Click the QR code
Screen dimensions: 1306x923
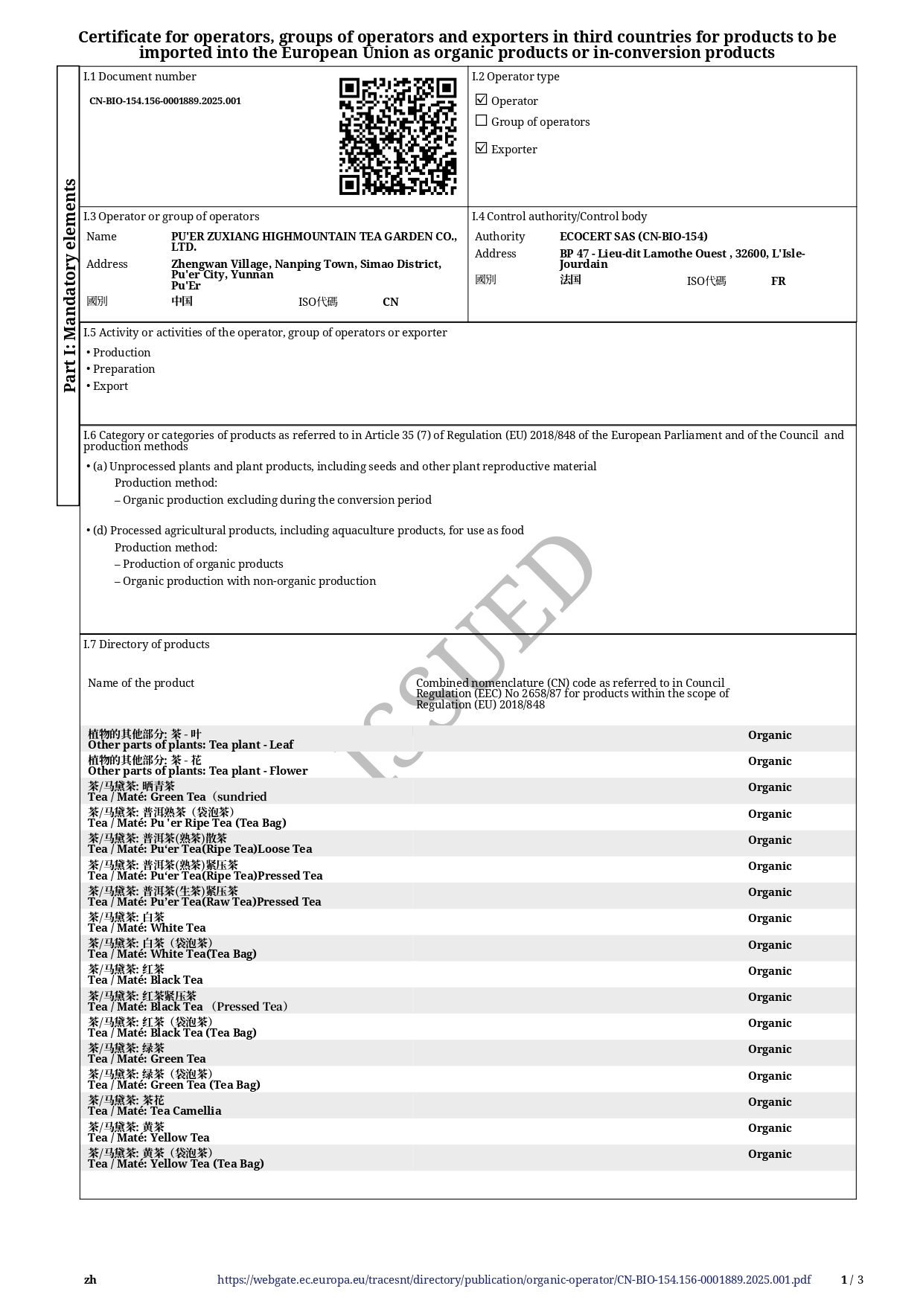pos(397,136)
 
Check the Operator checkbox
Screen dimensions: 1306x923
pos(482,100)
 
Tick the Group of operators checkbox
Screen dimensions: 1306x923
pos(482,121)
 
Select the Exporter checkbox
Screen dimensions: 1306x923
pos(482,148)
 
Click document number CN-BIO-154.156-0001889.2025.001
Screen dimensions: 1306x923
pos(165,101)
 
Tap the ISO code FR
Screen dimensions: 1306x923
pos(778,281)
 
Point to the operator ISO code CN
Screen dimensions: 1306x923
pos(390,302)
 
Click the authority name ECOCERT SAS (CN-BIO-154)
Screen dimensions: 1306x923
pos(633,237)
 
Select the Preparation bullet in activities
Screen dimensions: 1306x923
pos(124,369)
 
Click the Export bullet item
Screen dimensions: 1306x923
pos(110,386)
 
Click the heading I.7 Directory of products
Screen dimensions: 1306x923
pos(147,644)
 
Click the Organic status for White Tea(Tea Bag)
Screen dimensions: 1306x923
pos(770,945)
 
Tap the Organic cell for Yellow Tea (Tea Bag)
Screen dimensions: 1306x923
pos(770,1154)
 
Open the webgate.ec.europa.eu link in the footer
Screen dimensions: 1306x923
pos(514,1280)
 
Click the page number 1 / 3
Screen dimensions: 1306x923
pos(852,1280)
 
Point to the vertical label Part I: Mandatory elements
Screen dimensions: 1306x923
pos(69,285)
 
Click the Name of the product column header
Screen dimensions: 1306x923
pos(141,683)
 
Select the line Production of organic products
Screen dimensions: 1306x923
pos(202,564)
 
